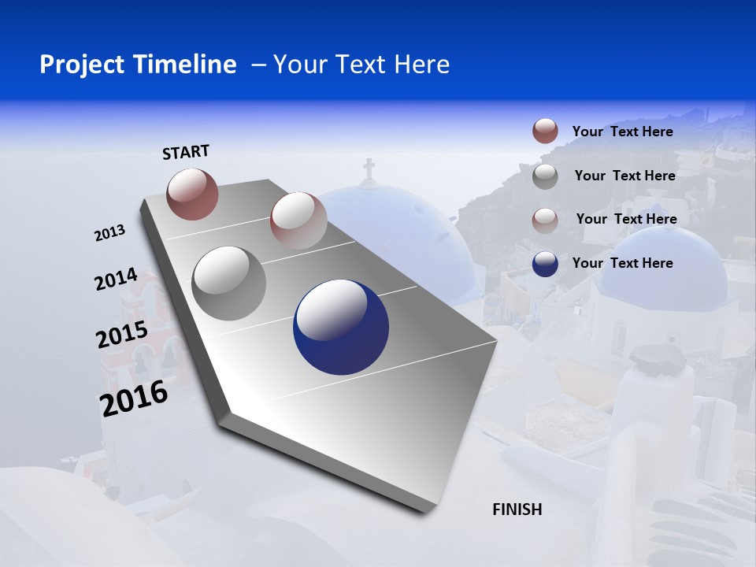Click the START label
(186, 152)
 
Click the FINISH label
(517, 510)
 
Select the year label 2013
(109, 233)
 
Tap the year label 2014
(116, 280)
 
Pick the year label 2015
(122, 335)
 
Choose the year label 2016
(134, 398)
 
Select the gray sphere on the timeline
(228, 283)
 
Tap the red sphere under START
(192, 194)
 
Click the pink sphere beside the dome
(298, 220)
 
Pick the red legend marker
(545, 131)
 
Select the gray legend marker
(545, 176)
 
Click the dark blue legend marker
(545, 263)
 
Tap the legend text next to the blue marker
(622, 263)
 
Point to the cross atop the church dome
(369, 169)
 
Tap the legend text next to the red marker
(622, 132)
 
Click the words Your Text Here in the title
(361, 65)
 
